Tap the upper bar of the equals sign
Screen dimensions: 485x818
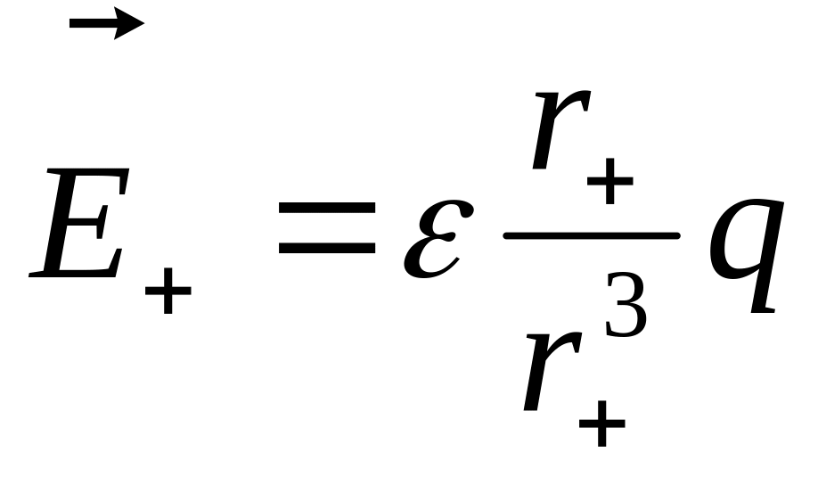(326, 208)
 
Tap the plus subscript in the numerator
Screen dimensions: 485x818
(609, 183)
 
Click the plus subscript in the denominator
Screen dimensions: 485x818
(601, 423)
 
